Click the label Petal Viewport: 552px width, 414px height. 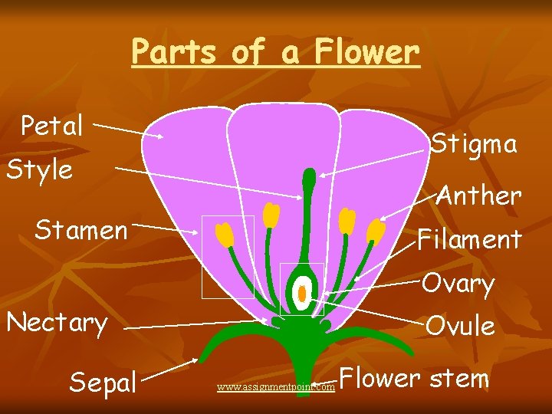[52, 127]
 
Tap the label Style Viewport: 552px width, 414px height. [39, 169]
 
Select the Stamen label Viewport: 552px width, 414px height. [81, 229]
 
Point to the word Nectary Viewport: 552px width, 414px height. [57, 323]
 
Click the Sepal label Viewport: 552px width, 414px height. [103, 381]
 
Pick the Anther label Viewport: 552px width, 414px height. [479, 195]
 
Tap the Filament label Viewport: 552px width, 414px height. [469, 239]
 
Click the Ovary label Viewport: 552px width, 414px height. [458, 284]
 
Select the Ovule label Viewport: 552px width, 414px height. [460, 326]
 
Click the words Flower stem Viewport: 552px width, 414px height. [414, 378]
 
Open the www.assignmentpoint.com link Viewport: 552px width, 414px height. [276, 387]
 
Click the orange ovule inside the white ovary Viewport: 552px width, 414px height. [303, 294]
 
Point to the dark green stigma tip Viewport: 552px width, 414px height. [309, 178]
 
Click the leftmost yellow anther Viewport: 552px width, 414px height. [224, 235]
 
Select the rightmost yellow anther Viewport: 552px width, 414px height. [376, 232]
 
